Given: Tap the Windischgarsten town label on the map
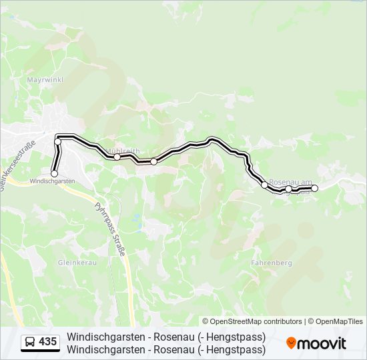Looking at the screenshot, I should (51, 181).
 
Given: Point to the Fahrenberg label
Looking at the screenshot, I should (272, 263).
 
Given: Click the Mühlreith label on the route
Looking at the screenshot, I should (123, 151).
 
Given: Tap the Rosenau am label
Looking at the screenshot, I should (290, 181).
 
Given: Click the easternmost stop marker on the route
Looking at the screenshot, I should (315, 189).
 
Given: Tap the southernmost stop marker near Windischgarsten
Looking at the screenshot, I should (55, 173).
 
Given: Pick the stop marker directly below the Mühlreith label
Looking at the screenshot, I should (117, 157).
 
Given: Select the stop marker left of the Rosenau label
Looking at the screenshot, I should (264, 184).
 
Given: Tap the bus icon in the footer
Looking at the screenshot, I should (31, 342).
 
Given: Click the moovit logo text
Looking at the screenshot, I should (322, 343).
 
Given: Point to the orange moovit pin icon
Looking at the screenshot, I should (291, 343).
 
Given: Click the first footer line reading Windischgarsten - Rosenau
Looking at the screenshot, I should (166, 337).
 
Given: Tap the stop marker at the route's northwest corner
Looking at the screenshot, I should (58, 141).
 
